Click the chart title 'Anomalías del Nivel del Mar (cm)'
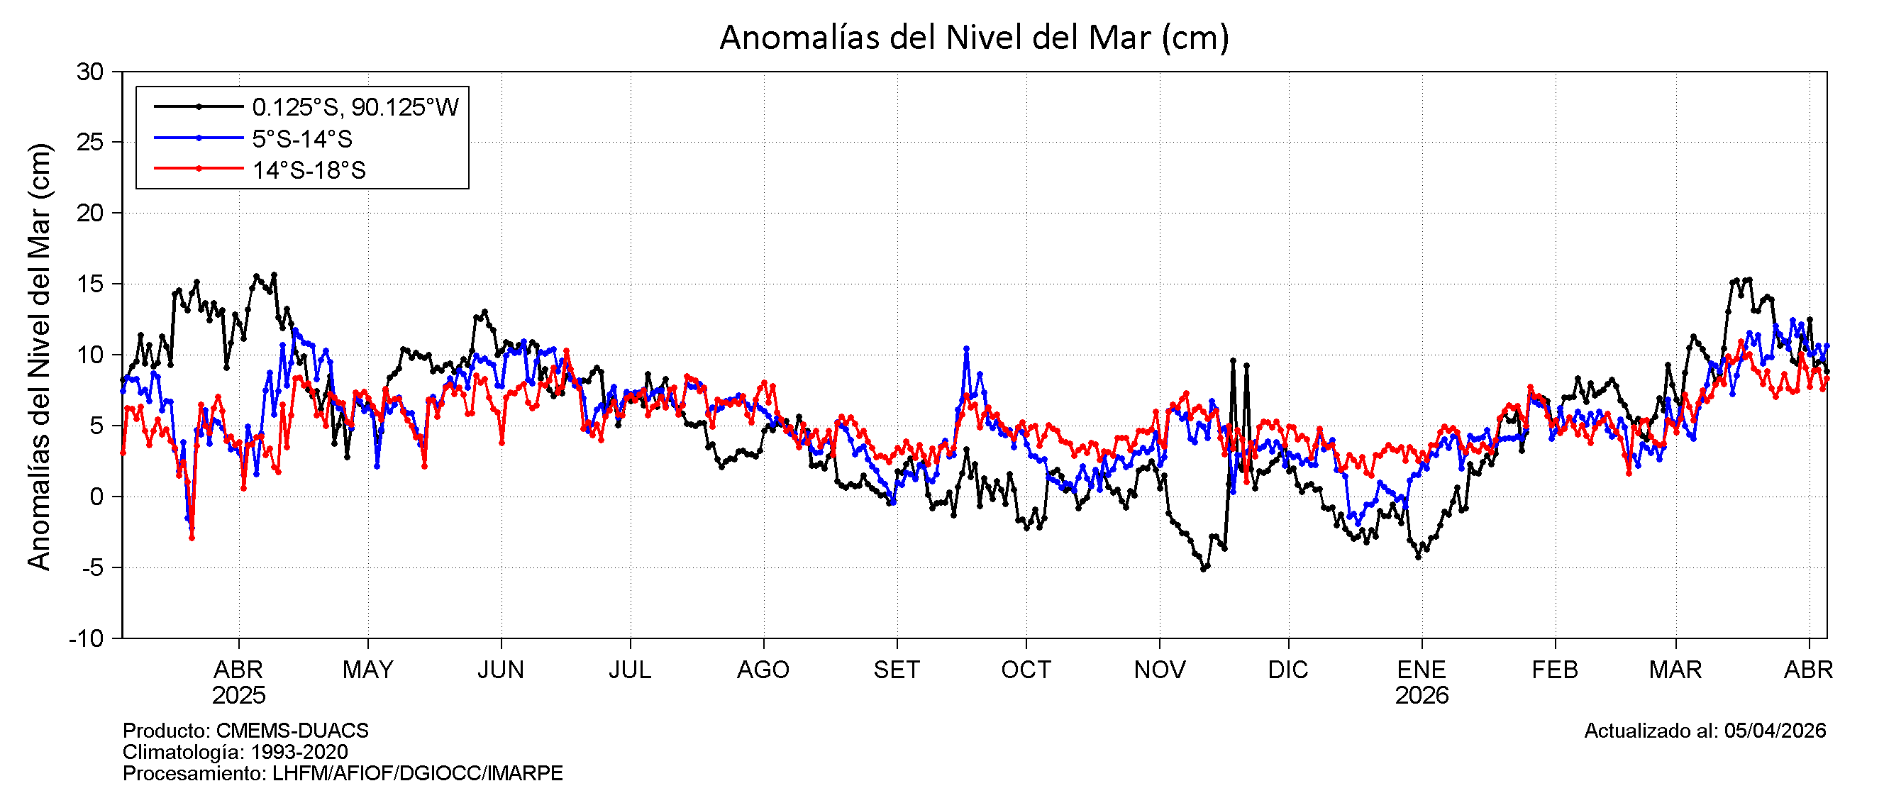pyautogui.click(x=974, y=38)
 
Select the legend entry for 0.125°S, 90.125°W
pyautogui.click(x=355, y=107)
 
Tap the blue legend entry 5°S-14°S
pyautogui.click(x=301, y=138)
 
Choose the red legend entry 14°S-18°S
pyautogui.click(x=308, y=170)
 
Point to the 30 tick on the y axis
pyautogui.click(x=90, y=72)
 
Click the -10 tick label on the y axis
pyautogui.click(x=87, y=638)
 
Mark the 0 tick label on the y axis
pyautogui.click(x=96, y=497)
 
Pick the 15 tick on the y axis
pyautogui.click(x=90, y=284)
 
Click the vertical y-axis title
pyautogui.click(x=39, y=356)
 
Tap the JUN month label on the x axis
pyautogui.click(x=501, y=670)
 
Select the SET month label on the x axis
pyautogui.click(x=897, y=670)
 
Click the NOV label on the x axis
pyautogui.click(x=1160, y=670)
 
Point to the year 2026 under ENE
pyautogui.click(x=1422, y=695)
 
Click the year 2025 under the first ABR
pyautogui.click(x=238, y=695)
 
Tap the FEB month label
pyautogui.click(x=1555, y=670)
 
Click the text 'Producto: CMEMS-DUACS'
pyautogui.click(x=245, y=730)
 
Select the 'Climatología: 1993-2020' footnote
pyautogui.click(x=235, y=751)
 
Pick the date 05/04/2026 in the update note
pyautogui.click(x=1775, y=730)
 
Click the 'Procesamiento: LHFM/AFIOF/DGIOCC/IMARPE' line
pyautogui.click(x=343, y=772)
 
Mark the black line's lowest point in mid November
pyautogui.click(x=1203, y=568)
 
